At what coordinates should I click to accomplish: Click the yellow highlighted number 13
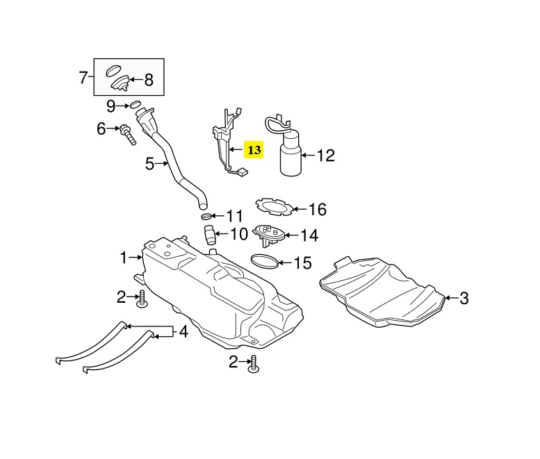254,149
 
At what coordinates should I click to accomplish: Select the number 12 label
325,156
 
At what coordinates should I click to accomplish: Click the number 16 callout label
317,209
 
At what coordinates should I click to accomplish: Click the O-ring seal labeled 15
265,262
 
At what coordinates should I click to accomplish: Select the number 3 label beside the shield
464,299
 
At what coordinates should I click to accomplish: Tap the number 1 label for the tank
124,258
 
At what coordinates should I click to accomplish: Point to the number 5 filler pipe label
149,165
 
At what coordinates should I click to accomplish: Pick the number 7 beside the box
83,77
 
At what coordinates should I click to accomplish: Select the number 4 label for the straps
183,332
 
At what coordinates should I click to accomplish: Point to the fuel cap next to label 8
120,83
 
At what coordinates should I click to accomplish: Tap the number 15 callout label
303,263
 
